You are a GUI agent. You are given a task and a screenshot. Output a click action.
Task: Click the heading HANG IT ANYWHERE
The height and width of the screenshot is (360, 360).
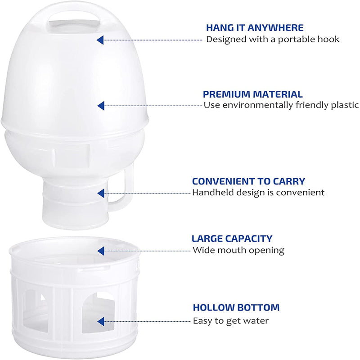point(255,28)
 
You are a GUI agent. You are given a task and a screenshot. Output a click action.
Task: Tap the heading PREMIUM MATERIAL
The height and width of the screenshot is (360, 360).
point(253,94)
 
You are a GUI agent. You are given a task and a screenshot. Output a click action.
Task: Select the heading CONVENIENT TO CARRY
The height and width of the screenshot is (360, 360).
point(248,181)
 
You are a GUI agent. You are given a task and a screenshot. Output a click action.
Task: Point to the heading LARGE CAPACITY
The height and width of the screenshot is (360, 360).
point(232,239)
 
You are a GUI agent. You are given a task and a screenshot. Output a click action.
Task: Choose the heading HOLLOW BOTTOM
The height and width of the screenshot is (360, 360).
point(236,307)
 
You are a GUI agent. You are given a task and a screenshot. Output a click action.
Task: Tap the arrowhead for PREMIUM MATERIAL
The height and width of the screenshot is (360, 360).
point(101,106)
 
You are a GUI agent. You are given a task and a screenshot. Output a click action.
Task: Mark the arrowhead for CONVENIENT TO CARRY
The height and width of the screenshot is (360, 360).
point(101,193)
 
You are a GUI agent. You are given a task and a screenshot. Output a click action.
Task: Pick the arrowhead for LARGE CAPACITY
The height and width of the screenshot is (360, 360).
point(101,251)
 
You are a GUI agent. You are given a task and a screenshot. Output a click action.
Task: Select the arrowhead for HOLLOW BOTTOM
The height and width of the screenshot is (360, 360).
point(101,321)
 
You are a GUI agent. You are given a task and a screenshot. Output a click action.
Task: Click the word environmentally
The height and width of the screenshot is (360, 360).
point(257,105)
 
